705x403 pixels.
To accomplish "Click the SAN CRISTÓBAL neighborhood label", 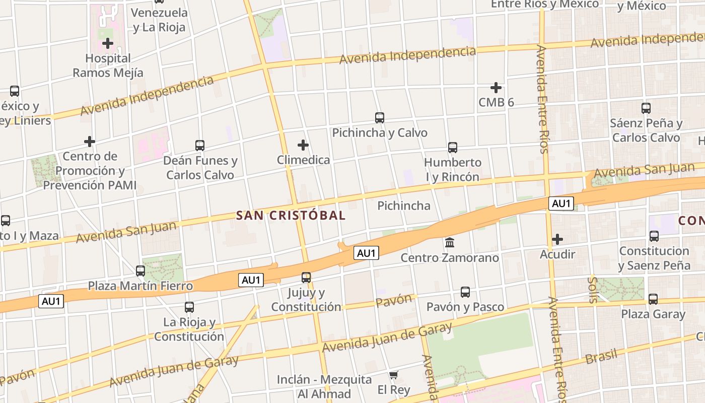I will (291, 216).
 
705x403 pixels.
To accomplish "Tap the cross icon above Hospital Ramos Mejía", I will (107, 44).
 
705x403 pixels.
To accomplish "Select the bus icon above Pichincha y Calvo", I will (380, 118).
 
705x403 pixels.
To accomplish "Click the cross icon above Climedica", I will (303, 146).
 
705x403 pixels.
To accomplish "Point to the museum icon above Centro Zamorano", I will (450, 243).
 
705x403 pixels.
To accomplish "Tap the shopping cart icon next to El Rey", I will (394, 375).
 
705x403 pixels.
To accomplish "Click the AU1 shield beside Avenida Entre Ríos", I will (561, 204).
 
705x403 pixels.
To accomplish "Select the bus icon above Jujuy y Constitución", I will (306, 278).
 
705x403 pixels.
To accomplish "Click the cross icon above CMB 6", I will (496, 88).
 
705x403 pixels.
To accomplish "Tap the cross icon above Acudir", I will (557, 239).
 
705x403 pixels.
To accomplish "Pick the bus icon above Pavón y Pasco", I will (465, 292).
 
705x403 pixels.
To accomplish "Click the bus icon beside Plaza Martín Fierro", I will (140, 271).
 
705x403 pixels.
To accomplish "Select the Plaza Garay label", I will (653, 314).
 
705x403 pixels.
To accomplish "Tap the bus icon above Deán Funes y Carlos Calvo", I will (200, 146).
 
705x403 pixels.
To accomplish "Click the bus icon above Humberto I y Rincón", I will (453, 148).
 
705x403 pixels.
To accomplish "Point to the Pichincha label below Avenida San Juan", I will (404, 206).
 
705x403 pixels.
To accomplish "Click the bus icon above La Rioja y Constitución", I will (189, 307).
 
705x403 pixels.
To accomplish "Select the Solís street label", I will (593, 290).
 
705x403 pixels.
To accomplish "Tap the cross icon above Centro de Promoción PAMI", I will (90, 141).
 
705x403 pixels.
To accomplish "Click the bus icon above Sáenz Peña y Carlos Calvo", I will (646, 108).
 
